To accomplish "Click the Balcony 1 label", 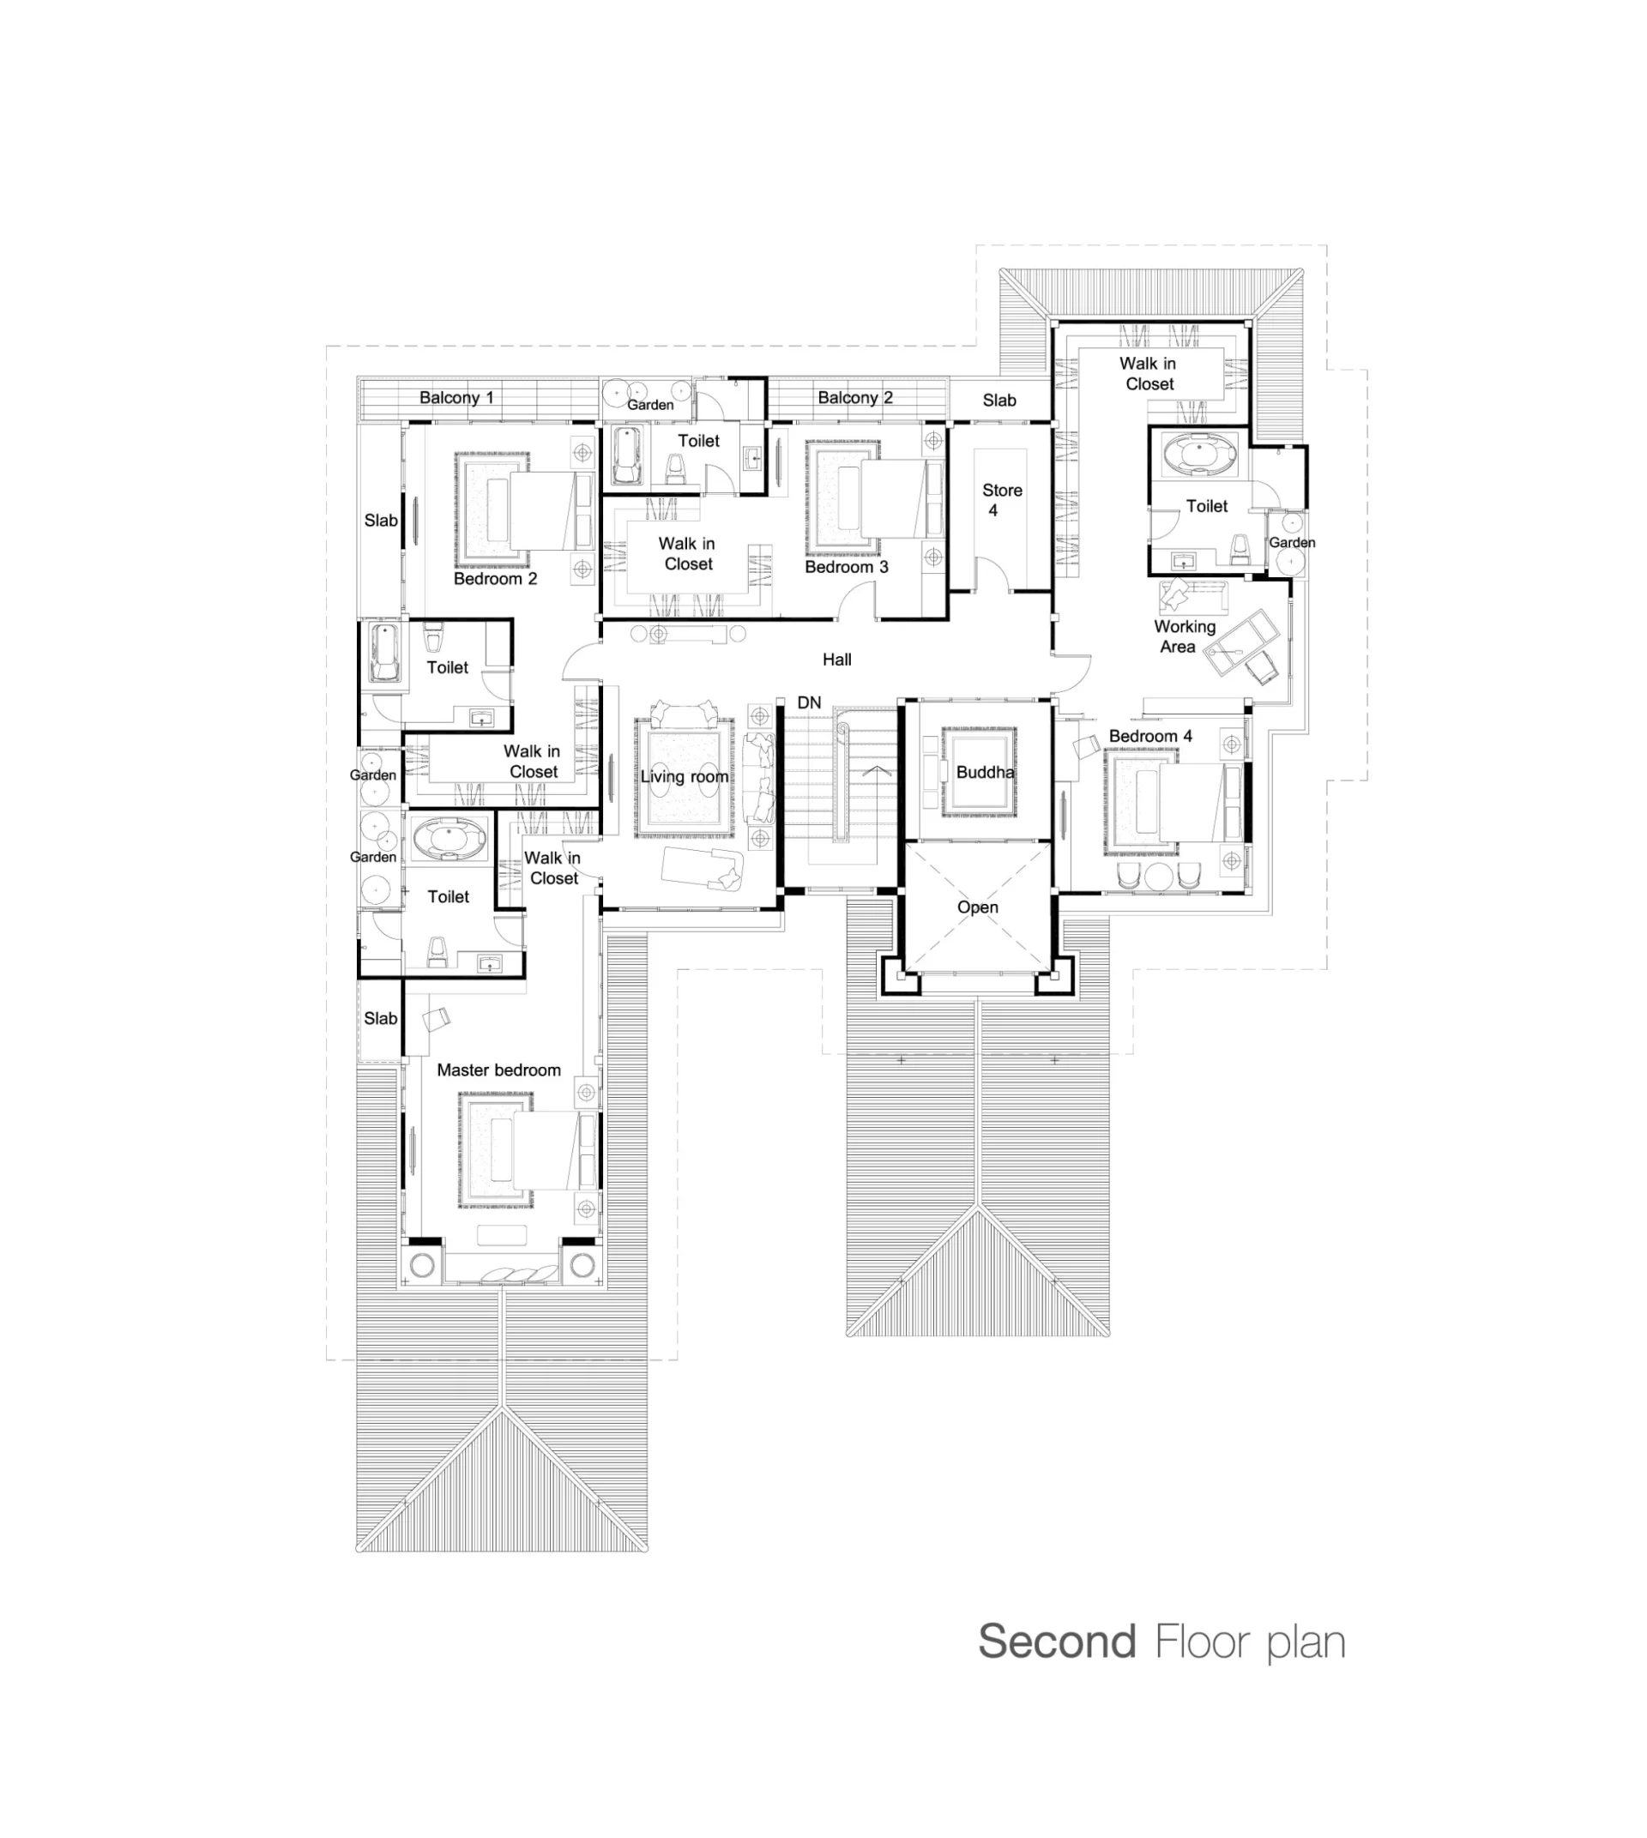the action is pos(456,397).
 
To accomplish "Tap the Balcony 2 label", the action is pos(855,397).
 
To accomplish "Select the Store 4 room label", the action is pos(1002,499).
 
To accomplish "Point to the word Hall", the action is pos(837,660).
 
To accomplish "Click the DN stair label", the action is pos(809,702).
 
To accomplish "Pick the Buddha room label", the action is pos(985,772).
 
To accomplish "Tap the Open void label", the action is pos(977,907).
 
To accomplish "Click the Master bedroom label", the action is pos(498,1070).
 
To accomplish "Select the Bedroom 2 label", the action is pos(495,578).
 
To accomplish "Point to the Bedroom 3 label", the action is pos(846,567).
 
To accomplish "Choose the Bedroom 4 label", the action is pos(1150,736).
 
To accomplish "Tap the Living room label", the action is pos(685,776).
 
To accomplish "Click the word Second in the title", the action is pos(1057,1642).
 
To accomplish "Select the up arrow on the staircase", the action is pos(875,772).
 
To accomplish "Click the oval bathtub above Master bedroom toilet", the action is pos(449,839).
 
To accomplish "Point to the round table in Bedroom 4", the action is pos(1158,876).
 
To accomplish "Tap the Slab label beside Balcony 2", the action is pos(999,400).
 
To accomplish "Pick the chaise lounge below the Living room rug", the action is pos(703,869).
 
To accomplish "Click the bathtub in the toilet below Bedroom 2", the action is pos(383,652).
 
